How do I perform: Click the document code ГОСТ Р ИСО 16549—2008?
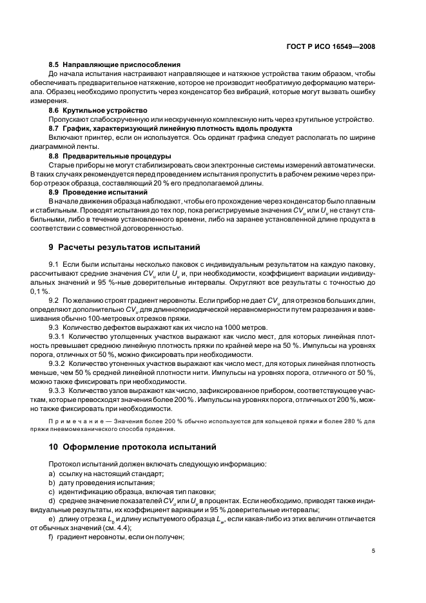coord(331,46)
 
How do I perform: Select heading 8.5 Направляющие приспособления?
coord(114,64)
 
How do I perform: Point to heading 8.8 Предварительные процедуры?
coord(110,156)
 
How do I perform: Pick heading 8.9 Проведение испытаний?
coord(99,192)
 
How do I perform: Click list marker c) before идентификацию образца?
coord(52,492)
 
